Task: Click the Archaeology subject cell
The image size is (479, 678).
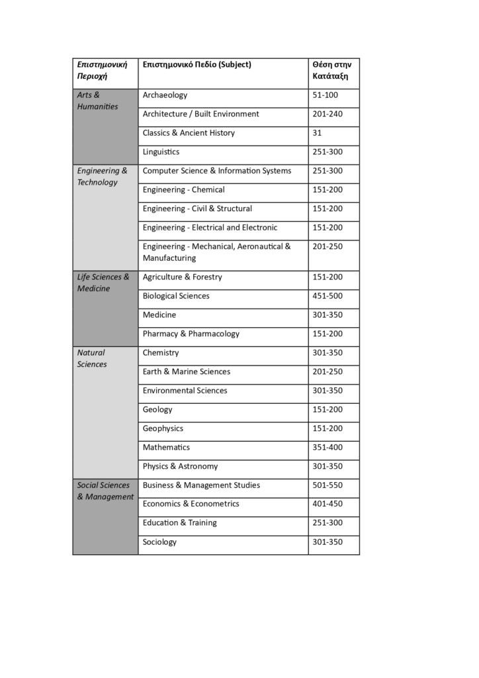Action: click(x=165, y=95)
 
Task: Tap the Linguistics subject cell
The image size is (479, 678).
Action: click(x=161, y=152)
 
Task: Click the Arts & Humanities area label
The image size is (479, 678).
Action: click(x=97, y=101)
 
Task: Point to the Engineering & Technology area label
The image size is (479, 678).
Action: click(x=102, y=176)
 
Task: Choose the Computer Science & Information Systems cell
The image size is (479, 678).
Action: click(x=216, y=171)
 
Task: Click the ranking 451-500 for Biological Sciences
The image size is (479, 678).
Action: click(x=327, y=296)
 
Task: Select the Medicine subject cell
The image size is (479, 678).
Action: click(x=159, y=315)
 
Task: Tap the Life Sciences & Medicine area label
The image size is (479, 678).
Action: click(x=103, y=283)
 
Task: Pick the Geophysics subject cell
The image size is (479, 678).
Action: click(x=163, y=428)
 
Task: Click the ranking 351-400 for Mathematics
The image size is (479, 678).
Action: click(x=327, y=448)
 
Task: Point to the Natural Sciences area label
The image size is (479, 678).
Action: click(x=91, y=358)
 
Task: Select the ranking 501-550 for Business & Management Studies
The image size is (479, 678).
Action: click(x=327, y=485)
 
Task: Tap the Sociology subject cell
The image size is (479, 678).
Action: click(x=159, y=542)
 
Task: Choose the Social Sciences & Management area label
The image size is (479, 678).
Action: click(x=105, y=491)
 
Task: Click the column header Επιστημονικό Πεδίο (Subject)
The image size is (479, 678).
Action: click(x=196, y=65)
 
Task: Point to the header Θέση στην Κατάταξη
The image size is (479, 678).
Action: click(x=331, y=71)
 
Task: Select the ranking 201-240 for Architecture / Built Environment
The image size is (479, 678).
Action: click(x=327, y=114)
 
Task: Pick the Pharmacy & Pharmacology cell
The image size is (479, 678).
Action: click(x=191, y=334)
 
